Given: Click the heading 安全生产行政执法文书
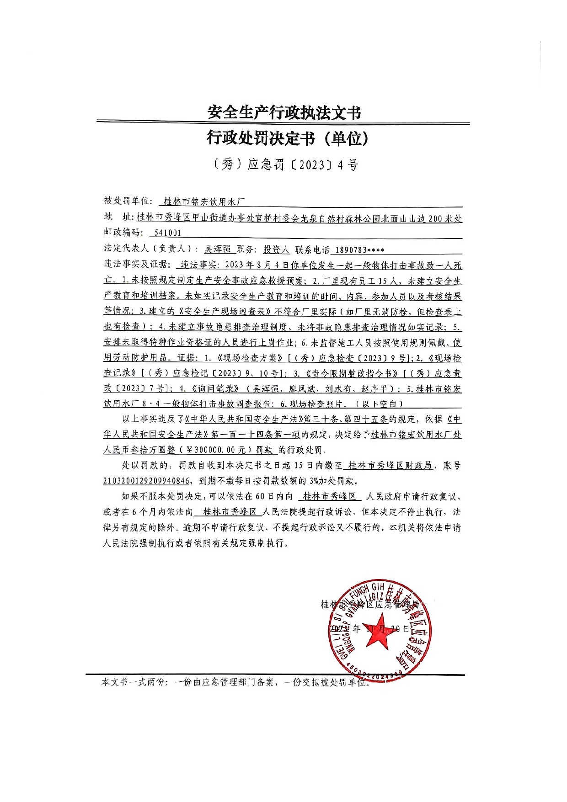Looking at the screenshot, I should (284, 112).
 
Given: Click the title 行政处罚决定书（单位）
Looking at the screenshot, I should (287, 138).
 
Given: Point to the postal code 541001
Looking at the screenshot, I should (167, 233).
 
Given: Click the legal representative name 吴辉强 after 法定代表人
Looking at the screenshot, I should (217, 250).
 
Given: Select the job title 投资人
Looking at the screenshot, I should (276, 250).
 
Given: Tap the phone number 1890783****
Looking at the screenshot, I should (360, 250).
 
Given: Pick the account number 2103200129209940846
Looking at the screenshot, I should (146, 481).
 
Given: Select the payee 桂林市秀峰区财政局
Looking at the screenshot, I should (390, 466).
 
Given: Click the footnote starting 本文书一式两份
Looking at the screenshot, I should (234, 683).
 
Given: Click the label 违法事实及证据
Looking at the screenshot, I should (137, 265).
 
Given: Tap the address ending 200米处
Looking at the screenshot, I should (299, 218).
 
